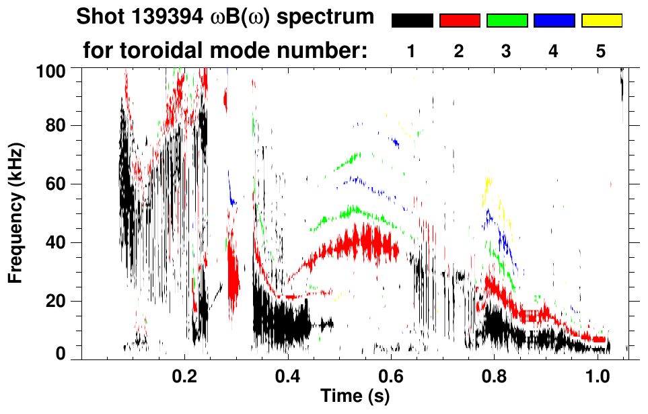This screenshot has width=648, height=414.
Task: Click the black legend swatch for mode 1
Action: (x=412, y=21)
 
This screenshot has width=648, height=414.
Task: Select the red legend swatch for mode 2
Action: (x=459, y=21)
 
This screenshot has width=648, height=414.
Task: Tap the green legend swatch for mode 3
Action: (x=506, y=21)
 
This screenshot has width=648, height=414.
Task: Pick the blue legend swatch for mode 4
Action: (x=554, y=21)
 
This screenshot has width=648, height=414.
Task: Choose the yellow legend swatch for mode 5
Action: (x=601, y=21)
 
